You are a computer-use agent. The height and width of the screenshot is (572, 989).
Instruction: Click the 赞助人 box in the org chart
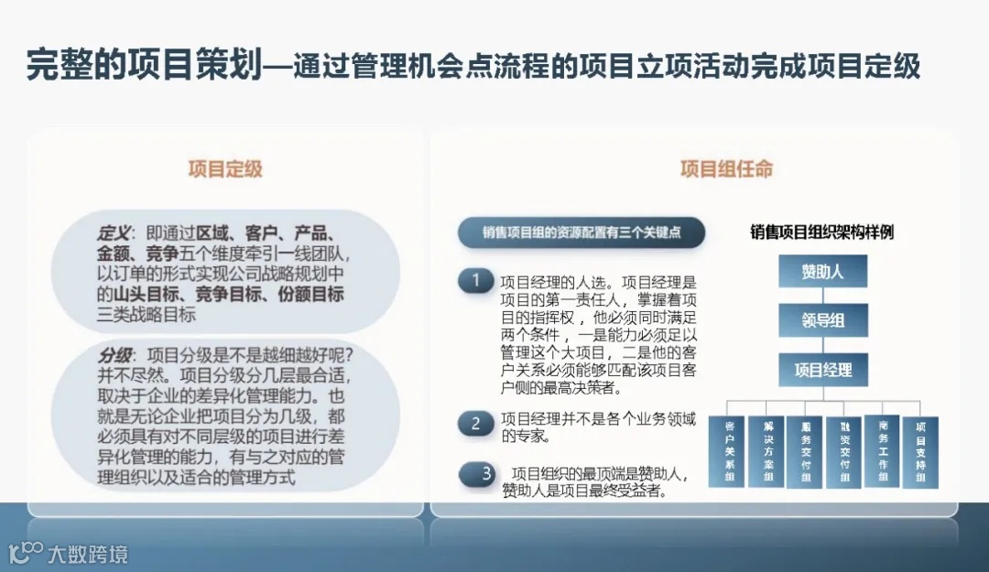point(822,272)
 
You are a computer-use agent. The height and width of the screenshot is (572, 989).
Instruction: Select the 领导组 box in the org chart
point(822,320)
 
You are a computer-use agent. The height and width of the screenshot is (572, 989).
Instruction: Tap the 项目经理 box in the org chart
point(822,370)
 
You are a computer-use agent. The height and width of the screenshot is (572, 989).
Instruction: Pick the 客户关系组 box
point(730,451)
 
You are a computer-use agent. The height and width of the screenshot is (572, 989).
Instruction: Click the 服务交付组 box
point(806,451)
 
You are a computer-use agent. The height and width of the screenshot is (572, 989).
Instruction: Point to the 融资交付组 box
point(843,451)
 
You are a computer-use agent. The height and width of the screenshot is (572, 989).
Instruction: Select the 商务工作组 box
point(882,450)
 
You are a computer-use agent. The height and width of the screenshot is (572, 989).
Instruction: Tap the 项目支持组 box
point(920,451)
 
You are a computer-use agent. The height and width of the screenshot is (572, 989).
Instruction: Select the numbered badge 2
point(475,423)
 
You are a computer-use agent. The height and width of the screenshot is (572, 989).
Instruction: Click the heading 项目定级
point(225,169)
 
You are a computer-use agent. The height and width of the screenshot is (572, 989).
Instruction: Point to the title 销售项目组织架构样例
point(821,232)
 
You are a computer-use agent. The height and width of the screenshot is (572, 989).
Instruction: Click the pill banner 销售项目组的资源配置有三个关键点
point(581,232)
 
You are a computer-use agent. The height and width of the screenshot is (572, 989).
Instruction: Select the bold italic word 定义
point(114,233)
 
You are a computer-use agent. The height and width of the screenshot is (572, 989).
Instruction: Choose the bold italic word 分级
point(114,354)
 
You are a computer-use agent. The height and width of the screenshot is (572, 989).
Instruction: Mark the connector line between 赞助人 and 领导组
point(822,296)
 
